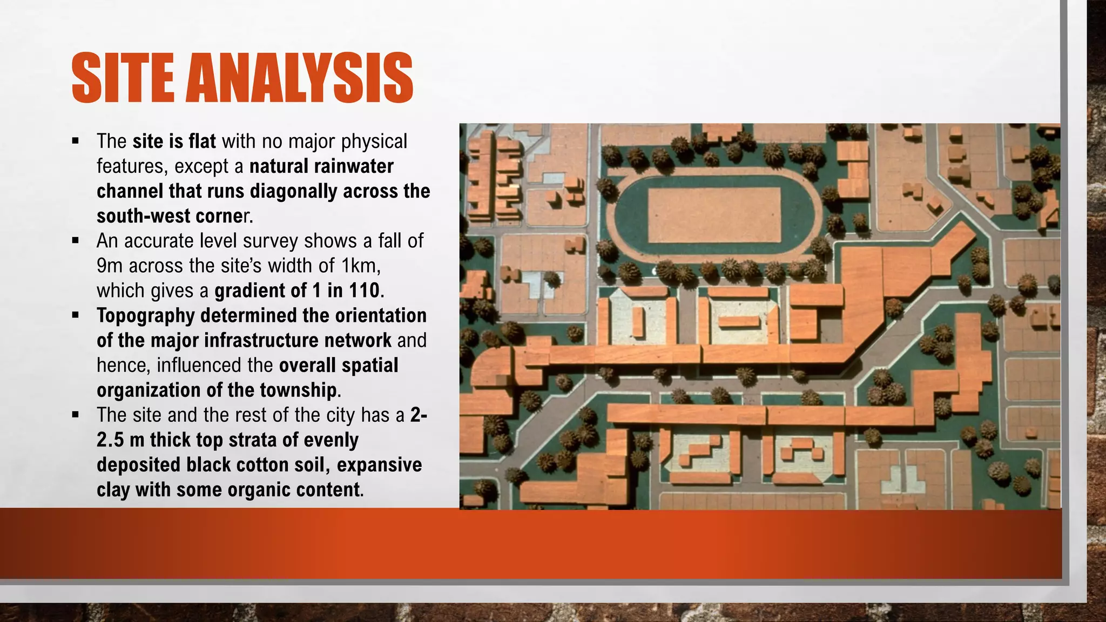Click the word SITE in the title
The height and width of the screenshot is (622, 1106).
[x=123, y=78]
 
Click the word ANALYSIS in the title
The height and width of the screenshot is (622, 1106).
[x=299, y=78]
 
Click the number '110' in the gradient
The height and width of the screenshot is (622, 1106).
[x=364, y=290]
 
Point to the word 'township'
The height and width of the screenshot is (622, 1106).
[x=299, y=390]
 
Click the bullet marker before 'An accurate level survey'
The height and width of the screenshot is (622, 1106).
[x=75, y=240]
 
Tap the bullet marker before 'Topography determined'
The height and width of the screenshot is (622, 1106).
[x=75, y=315]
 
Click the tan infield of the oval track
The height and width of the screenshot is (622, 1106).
[x=714, y=215]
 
